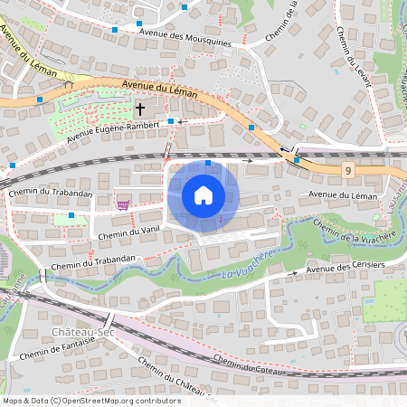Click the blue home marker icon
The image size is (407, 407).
point(203,195)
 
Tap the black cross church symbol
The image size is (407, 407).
point(140,109)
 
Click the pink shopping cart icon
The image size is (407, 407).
point(121,204)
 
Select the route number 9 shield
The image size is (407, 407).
point(347,170)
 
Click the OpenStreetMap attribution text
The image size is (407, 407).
point(91,400)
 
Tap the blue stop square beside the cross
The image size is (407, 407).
point(170,120)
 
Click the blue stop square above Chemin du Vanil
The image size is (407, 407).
point(71,216)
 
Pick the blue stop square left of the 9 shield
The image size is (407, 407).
point(297,160)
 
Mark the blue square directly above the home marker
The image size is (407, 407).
point(208,163)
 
